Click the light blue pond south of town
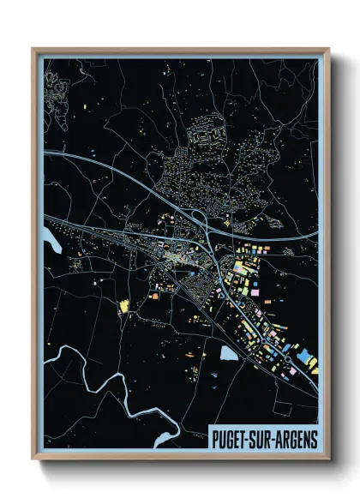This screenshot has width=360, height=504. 228,352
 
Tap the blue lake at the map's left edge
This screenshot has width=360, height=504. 49,245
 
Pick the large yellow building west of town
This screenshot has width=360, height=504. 123,305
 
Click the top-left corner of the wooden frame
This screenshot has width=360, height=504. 33,50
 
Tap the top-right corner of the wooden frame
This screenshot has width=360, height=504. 328,50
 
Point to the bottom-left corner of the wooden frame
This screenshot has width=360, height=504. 33,461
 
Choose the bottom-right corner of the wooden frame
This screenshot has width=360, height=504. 328,461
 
